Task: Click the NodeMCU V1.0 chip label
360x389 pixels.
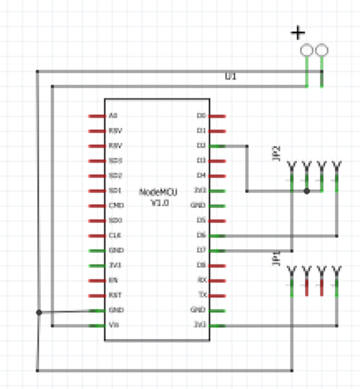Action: tap(158, 197)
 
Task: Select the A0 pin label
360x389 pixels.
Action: tap(112, 115)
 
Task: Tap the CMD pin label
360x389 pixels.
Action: tap(116, 205)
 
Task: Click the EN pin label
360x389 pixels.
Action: tap(113, 280)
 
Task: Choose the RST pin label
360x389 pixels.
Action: tap(114, 295)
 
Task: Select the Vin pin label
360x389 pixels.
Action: tap(113, 325)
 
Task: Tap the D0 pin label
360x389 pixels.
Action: tap(201, 115)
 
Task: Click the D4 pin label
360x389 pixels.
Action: tap(201, 175)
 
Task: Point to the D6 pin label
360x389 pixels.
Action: tap(201, 235)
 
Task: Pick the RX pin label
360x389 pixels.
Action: tap(201, 280)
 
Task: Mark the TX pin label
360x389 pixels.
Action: tap(202, 295)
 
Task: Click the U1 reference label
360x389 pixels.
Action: tap(231, 77)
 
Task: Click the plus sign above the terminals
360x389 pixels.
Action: tap(298, 34)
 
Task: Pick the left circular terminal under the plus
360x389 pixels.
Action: tap(307, 51)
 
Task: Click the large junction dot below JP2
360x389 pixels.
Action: tap(307, 191)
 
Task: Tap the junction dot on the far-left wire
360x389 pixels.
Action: tap(38, 312)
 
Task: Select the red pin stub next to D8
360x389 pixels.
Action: tap(217, 265)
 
